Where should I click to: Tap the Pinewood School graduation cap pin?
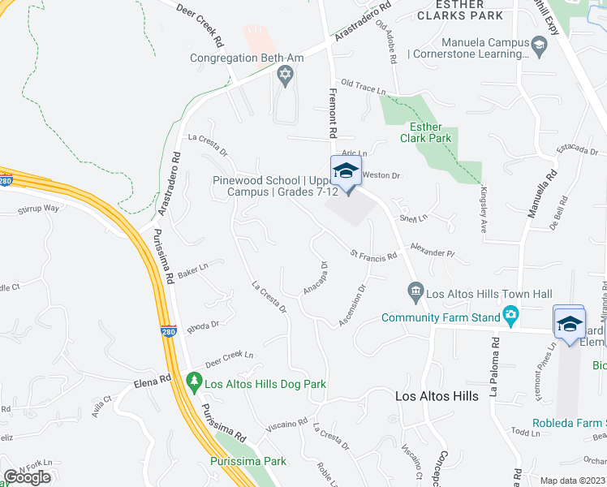tap(345, 172)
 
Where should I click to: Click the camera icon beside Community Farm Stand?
tap(510, 314)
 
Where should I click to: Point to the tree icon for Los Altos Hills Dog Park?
tap(194, 380)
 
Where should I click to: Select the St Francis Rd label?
tap(373, 255)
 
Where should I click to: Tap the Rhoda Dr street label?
tap(204, 326)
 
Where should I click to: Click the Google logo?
tap(27, 477)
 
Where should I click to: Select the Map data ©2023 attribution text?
tap(573, 481)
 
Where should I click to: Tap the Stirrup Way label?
tap(39, 209)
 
